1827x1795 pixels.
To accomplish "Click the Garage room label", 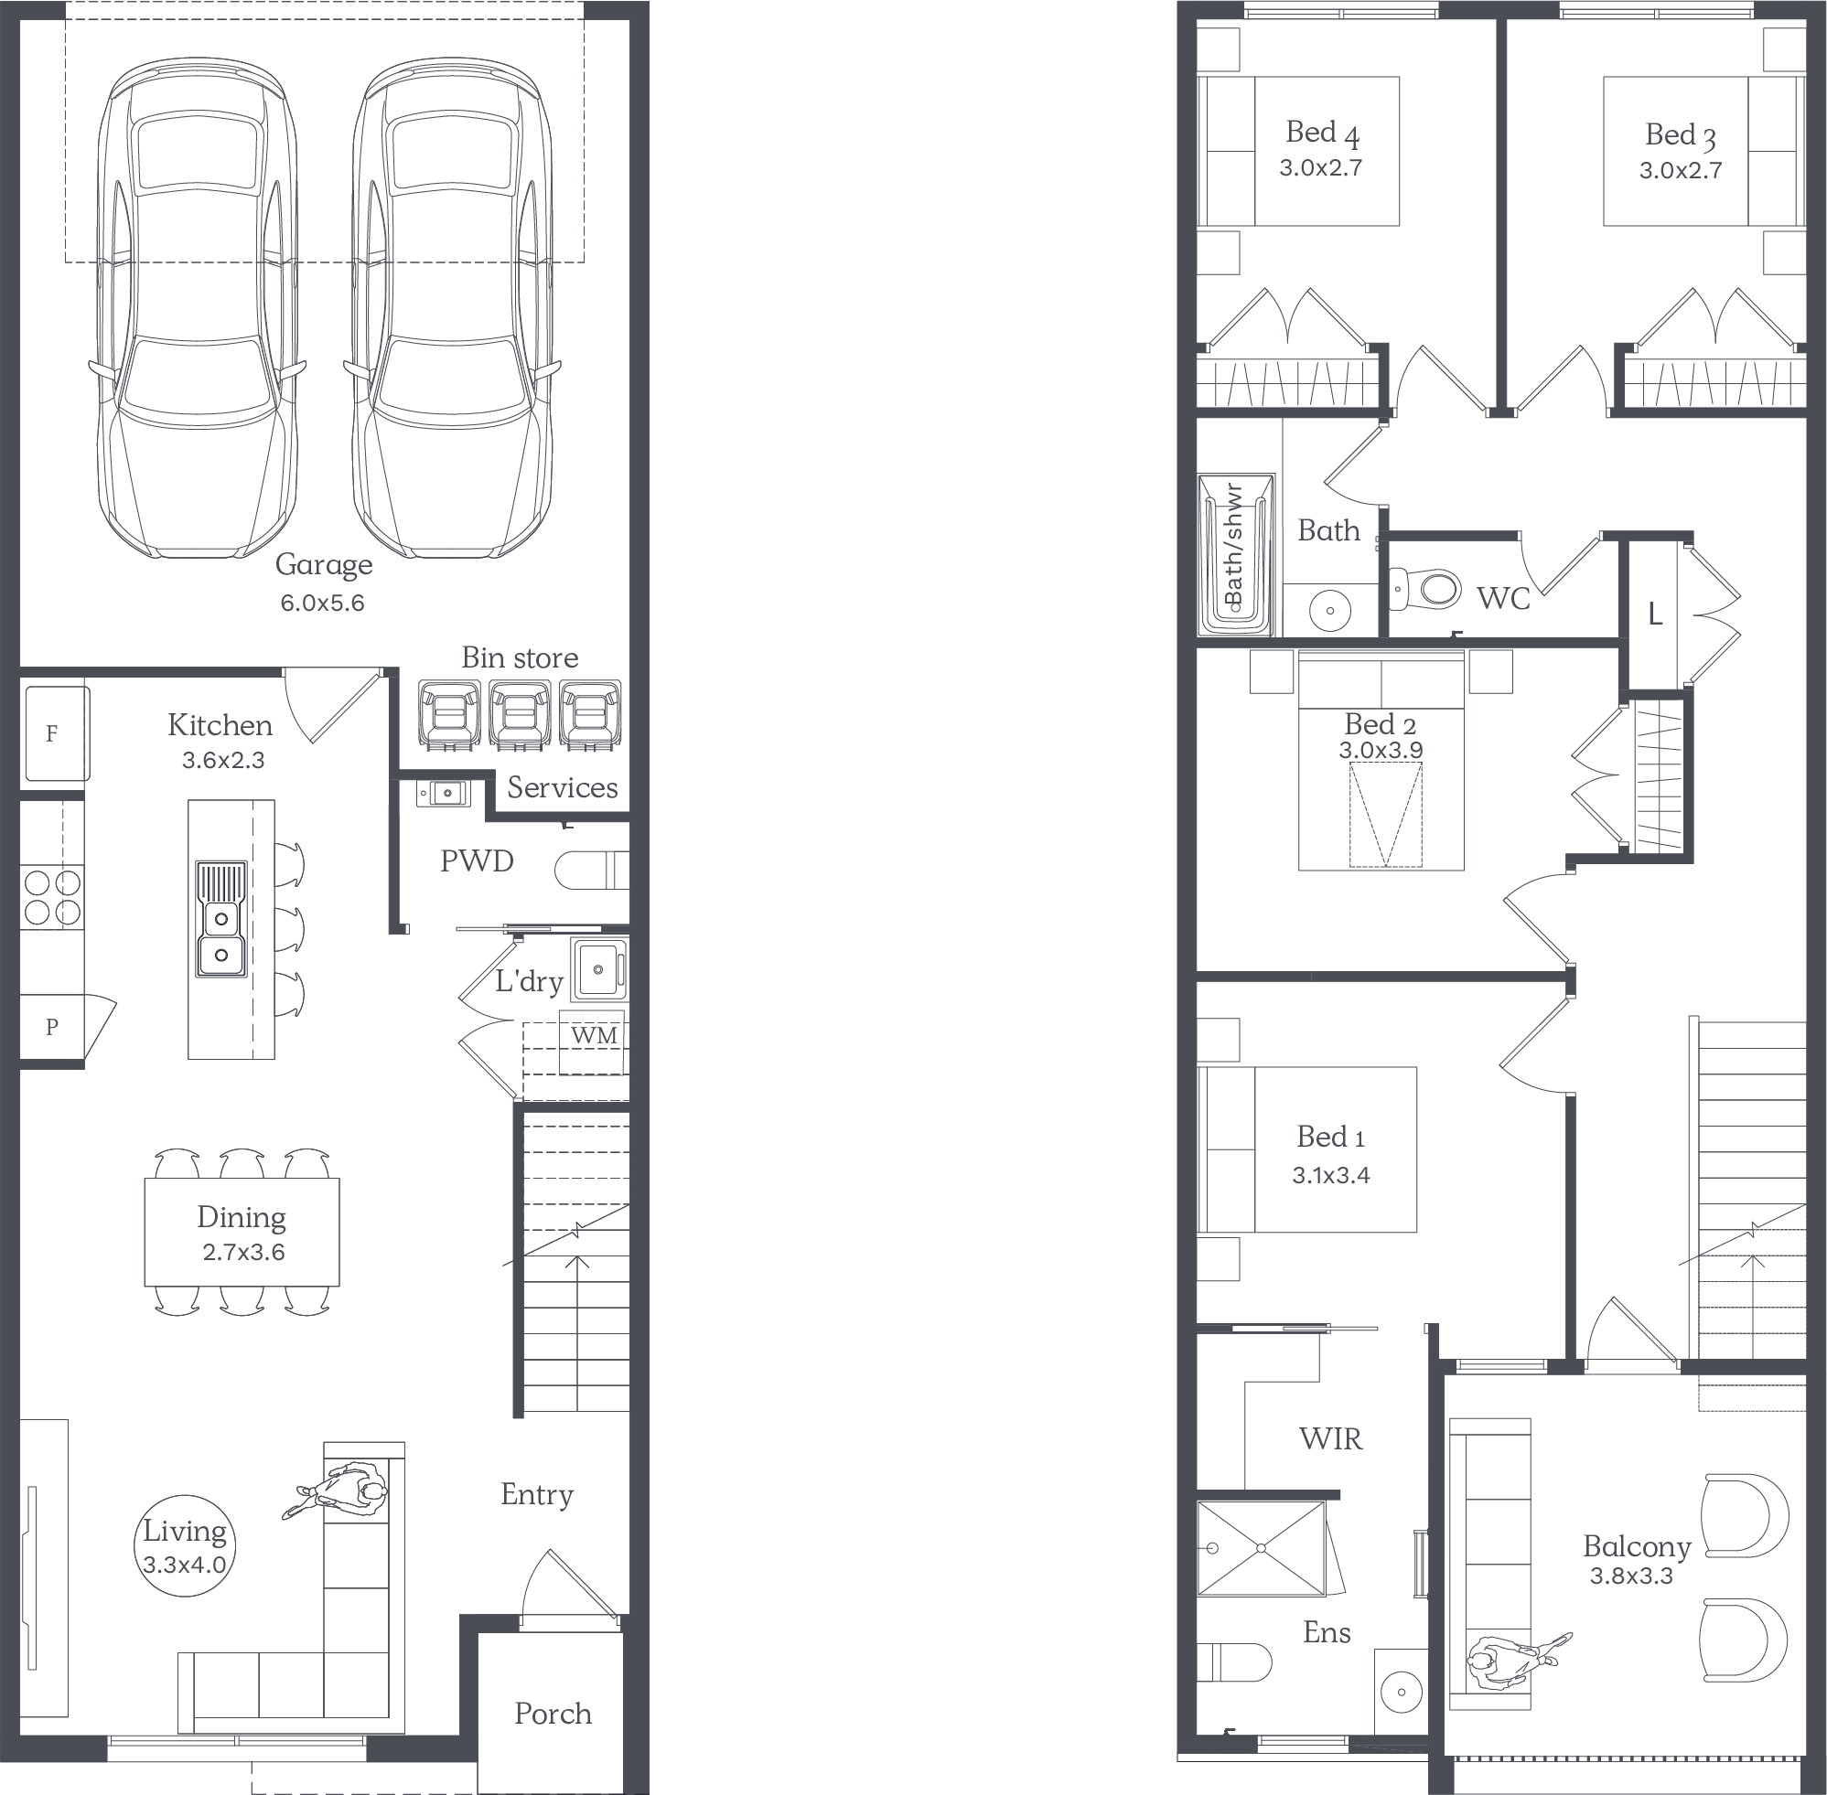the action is click(324, 565).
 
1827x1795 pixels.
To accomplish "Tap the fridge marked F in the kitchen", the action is click(57, 733).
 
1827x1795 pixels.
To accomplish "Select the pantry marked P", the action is click(53, 1028).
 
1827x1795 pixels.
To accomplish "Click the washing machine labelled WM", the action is click(593, 1042).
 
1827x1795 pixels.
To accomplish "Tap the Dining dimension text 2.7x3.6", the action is click(243, 1252).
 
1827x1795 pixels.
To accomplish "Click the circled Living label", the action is click(185, 1544).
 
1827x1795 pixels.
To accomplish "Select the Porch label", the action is click(553, 1713).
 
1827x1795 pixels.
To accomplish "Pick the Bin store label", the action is click(520, 658).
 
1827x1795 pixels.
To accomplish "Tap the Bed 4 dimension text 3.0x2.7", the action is click(1320, 168).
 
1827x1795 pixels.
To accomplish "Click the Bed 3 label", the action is click(1680, 135).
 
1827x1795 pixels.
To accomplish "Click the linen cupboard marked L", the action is click(1654, 614).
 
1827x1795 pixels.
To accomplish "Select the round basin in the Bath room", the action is click(1330, 610).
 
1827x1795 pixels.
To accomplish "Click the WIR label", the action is click(1331, 1438).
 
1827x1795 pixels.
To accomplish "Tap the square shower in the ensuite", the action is click(1261, 1548).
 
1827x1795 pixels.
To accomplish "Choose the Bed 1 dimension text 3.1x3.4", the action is click(1331, 1176).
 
